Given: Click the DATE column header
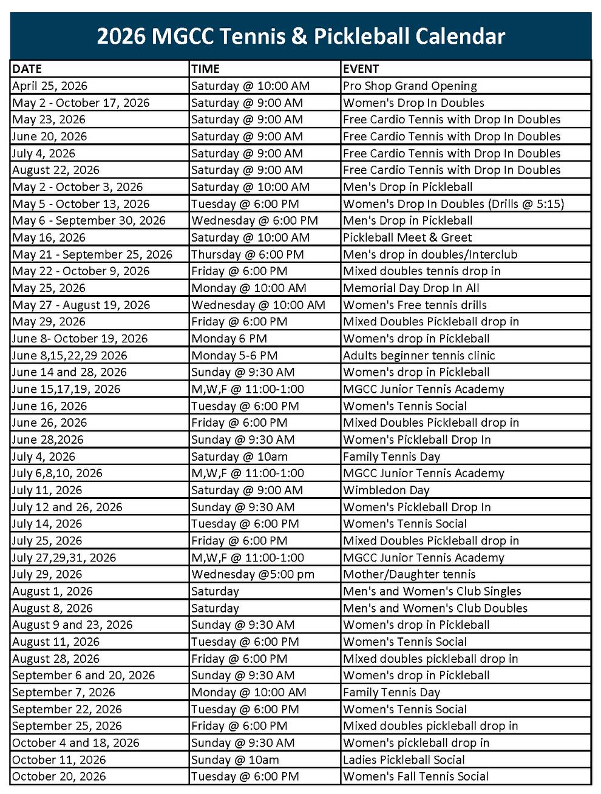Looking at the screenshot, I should [x=27, y=69].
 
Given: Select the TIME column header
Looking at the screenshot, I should [x=205, y=69].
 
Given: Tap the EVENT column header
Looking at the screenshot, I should [x=361, y=69].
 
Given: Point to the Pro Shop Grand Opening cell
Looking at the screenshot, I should [x=410, y=86].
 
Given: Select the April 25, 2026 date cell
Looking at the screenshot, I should [x=50, y=86].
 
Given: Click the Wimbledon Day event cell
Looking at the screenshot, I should [x=386, y=490].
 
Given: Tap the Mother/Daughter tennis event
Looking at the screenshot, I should [x=409, y=574].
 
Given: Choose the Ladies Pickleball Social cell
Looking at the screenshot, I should [x=404, y=759].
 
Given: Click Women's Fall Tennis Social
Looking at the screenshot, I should [x=415, y=776].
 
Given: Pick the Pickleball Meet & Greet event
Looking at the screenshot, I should [x=407, y=237].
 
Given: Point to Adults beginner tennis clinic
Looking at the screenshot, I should [x=419, y=355].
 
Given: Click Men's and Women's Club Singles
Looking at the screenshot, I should [x=432, y=591].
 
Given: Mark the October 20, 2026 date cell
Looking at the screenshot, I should [x=59, y=776].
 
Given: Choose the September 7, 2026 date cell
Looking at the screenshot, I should [x=63, y=692].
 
